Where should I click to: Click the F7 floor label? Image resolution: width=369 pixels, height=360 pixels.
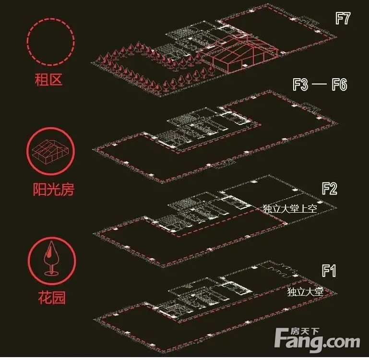(343, 19)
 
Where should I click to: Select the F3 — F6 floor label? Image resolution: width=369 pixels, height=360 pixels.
(320, 85)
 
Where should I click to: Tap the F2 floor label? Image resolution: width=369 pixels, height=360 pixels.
(330, 188)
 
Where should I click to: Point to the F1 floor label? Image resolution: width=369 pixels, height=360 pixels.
(329, 271)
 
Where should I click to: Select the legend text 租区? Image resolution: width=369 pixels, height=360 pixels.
(49, 79)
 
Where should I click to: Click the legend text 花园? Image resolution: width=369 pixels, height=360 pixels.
(50, 298)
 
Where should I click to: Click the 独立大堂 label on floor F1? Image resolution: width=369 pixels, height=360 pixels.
(305, 291)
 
